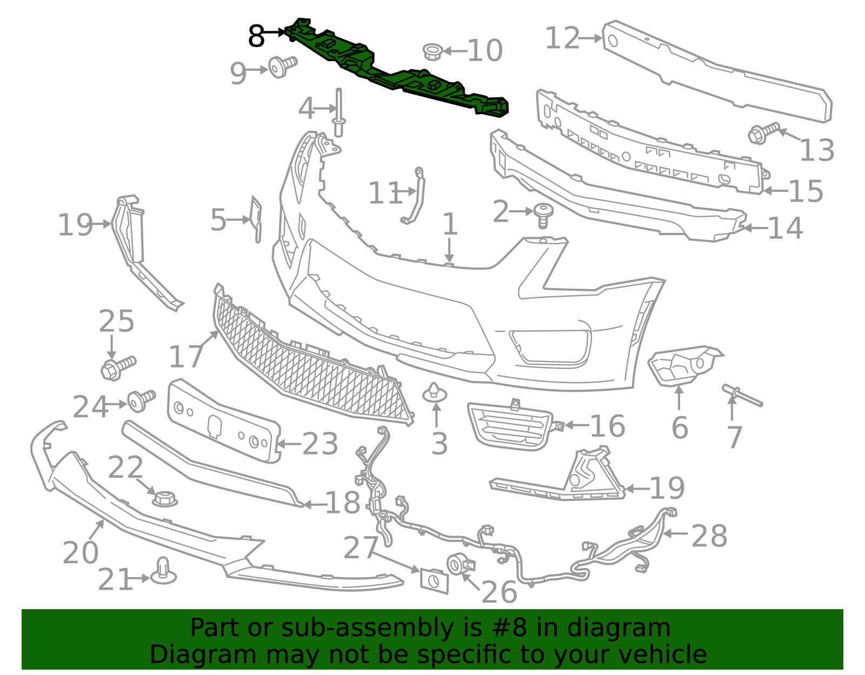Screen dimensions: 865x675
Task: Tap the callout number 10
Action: (x=485, y=51)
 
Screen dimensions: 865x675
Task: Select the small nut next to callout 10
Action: (x=432, y=52)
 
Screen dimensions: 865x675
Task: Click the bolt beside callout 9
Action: (x=283, y=66)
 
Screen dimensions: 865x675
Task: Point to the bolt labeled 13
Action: (x=763, y=133)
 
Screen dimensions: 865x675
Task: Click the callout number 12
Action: (x=562, y=38)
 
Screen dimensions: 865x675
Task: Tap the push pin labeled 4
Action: (x=338, y=112)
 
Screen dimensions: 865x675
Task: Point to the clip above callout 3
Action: (x=435, y=393)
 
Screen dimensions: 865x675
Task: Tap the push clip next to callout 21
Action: (x=164, y=571)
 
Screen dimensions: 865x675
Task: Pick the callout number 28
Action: (x=709, y=536)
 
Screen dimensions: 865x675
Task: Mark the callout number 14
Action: (x=785, y=228)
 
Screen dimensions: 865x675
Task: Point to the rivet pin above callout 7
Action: (x=742, y=396)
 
